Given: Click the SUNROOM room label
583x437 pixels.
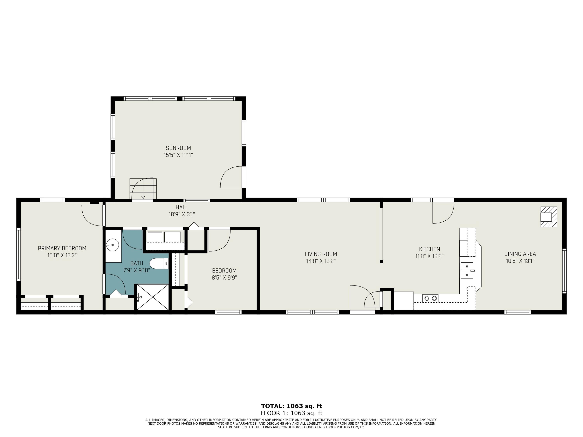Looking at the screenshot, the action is coord(178,148).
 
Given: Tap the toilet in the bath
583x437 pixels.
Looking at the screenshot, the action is coord(159,263).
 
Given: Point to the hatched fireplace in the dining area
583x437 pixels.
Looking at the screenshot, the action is coord(549,217).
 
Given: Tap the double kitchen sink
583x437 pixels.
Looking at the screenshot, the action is coord(467,271).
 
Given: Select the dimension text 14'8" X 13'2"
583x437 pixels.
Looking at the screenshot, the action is coord(321,261).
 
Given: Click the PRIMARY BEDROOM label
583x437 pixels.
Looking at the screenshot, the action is coord(62,248).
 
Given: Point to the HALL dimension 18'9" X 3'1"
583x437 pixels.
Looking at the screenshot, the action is coord(182,214).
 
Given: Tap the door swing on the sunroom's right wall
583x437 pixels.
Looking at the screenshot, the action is coord(231,177).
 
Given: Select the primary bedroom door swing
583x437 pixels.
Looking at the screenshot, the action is coord(92,215).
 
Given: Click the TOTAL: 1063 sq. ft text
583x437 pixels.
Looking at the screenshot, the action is coord(291,406).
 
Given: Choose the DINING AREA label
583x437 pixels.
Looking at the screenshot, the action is coord(520,254).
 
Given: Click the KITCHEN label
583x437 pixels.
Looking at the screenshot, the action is coord(430,249).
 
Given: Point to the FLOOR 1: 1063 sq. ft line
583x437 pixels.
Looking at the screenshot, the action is coord(291,413).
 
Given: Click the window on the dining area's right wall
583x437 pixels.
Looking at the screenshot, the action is coord(564,271).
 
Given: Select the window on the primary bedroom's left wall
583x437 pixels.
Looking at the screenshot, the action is coord(18,254).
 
